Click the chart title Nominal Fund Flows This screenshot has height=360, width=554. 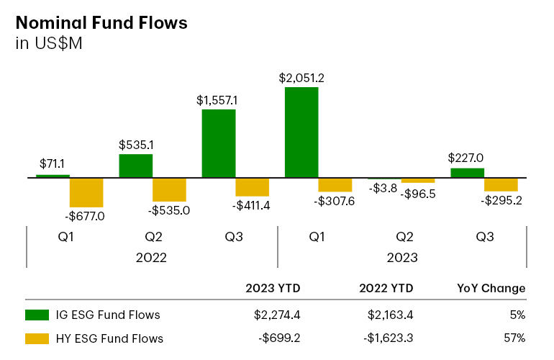pos(101,22)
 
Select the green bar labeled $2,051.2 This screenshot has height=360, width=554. pos(301,132)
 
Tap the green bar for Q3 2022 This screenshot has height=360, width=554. pos(219,143)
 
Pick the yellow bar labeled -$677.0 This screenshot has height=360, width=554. pos(86,192)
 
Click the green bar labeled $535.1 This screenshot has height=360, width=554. pos(136,165)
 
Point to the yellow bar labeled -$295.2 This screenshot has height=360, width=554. pos(501,184)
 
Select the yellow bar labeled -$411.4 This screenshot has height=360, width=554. pos(252,186)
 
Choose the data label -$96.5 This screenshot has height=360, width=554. pos(418,194)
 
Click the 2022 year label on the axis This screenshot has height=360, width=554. pos(151,257)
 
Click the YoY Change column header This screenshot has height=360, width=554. pos(491,288)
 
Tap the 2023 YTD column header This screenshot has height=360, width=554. pos(273,288)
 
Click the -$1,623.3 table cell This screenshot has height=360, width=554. pos(386,338)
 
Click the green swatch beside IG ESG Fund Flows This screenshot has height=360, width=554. pos(36,315)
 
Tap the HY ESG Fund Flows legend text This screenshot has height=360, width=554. pos(109,338)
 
